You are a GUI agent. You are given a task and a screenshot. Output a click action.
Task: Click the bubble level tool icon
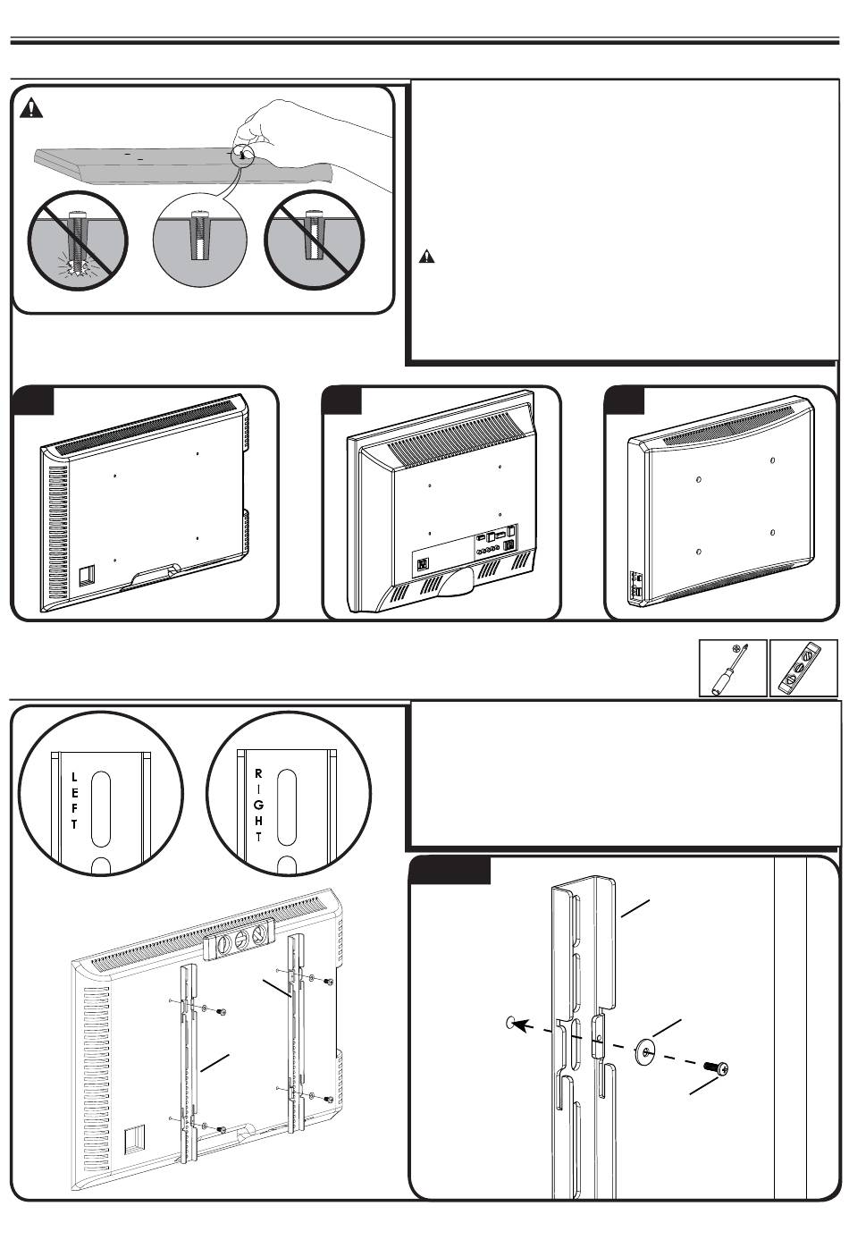coord(803,668)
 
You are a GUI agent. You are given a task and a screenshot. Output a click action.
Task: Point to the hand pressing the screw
coord(313,134)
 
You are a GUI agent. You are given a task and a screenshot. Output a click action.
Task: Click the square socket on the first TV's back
coord(87,573)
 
